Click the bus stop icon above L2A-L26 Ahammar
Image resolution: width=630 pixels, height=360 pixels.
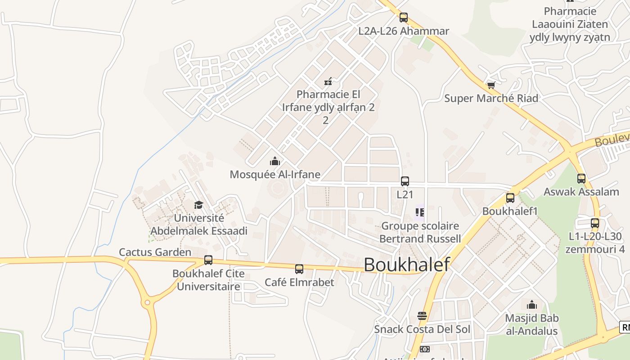[404, 18]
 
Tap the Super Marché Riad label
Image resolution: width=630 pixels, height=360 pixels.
[491, 98]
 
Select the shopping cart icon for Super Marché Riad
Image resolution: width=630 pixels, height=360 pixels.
[491, 85]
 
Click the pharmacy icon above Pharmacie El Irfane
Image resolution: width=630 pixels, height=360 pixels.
[328, 81]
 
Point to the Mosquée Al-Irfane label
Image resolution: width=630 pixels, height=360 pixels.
[275, 174]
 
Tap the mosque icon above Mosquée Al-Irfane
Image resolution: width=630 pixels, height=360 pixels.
[274, 161]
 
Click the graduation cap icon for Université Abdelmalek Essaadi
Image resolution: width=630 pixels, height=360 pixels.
[198, 205]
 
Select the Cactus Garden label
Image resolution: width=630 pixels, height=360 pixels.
[155, 252]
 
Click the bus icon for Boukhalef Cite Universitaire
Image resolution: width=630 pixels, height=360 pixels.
[208, 260]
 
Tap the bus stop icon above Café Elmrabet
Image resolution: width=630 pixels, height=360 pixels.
[299, 269]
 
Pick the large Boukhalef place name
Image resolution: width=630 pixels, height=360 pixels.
[406, 265]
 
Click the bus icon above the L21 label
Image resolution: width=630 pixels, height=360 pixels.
[405, 181]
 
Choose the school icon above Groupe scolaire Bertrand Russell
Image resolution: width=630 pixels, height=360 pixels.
[420, 212]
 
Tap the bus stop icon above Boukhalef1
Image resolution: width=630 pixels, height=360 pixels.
[510, 198]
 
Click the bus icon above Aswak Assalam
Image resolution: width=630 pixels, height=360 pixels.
[581, 178]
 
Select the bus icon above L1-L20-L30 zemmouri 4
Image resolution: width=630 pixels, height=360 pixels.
[595, 223]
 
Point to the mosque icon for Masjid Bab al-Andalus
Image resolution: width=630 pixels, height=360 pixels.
[532, 305]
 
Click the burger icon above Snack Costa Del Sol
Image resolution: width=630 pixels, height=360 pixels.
[422, 315]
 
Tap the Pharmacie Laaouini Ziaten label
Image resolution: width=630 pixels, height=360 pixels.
[570, 24]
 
